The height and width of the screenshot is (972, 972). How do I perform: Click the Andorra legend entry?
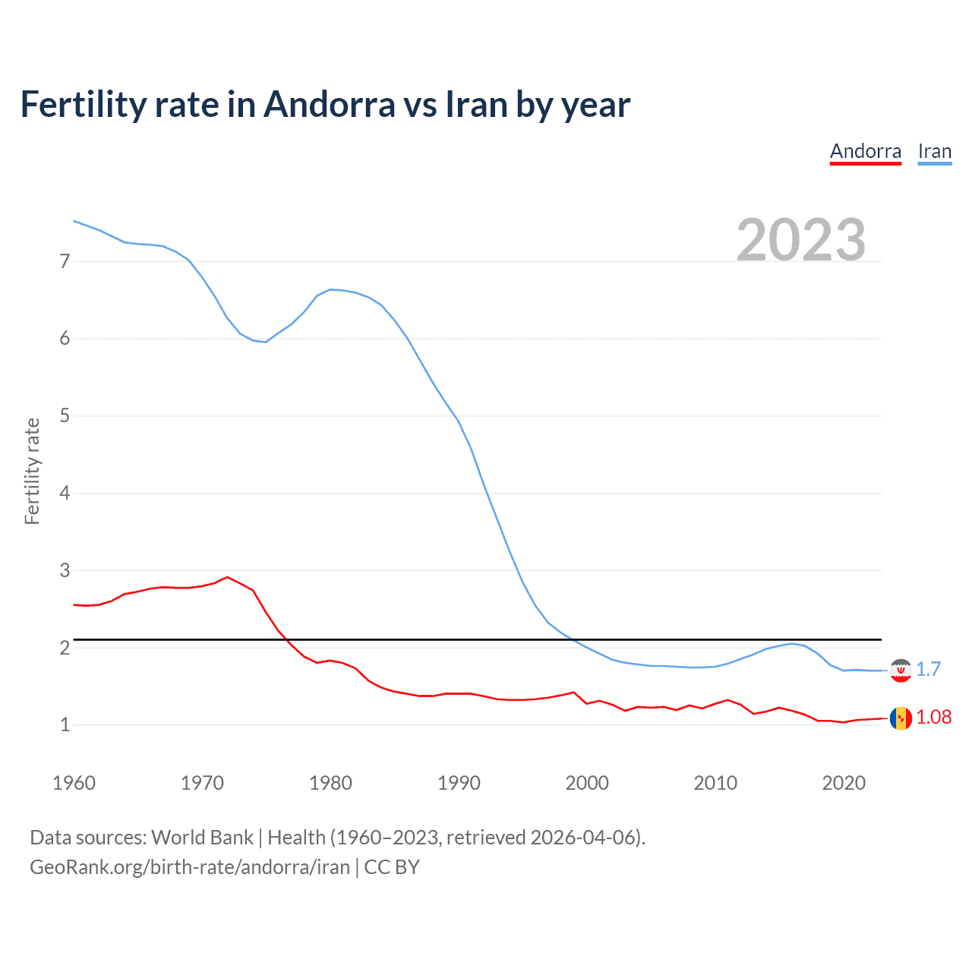tap(865, 151)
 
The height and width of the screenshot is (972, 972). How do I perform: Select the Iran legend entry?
tap(934, 151)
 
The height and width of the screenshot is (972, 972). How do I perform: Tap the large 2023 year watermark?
tap(800, 240)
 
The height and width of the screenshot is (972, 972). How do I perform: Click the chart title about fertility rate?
tap(325, 104)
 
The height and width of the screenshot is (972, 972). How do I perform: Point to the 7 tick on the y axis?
tap(65, 262)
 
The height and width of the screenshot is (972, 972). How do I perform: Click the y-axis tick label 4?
tap(65, 494)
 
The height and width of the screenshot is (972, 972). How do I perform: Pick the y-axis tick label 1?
tap(65, 725)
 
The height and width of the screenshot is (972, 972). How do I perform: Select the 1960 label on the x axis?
tap(74, 783)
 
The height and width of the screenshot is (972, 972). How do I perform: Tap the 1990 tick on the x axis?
tap(459, 783)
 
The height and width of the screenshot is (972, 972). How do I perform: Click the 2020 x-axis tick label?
tap(844, 783)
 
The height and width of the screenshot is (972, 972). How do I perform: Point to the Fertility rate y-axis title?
tap(32, 471)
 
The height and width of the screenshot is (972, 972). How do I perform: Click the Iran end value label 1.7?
tap(928, 669)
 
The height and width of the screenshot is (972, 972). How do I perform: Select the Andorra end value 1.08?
tap(933, 717)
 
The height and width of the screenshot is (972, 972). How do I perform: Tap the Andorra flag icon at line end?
tap(901, 718)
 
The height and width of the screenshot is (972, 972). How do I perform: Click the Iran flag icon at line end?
tap(901, 670)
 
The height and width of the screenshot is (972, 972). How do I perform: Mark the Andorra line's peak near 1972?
tap(227, 577)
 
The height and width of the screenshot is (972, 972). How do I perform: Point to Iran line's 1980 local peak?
tap(330, 289)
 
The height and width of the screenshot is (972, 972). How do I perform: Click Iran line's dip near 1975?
tap(265, 342)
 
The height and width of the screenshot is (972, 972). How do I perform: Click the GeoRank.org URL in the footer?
tap(190, 867)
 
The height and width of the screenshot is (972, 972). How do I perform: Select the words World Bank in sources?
tap(202, 838)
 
